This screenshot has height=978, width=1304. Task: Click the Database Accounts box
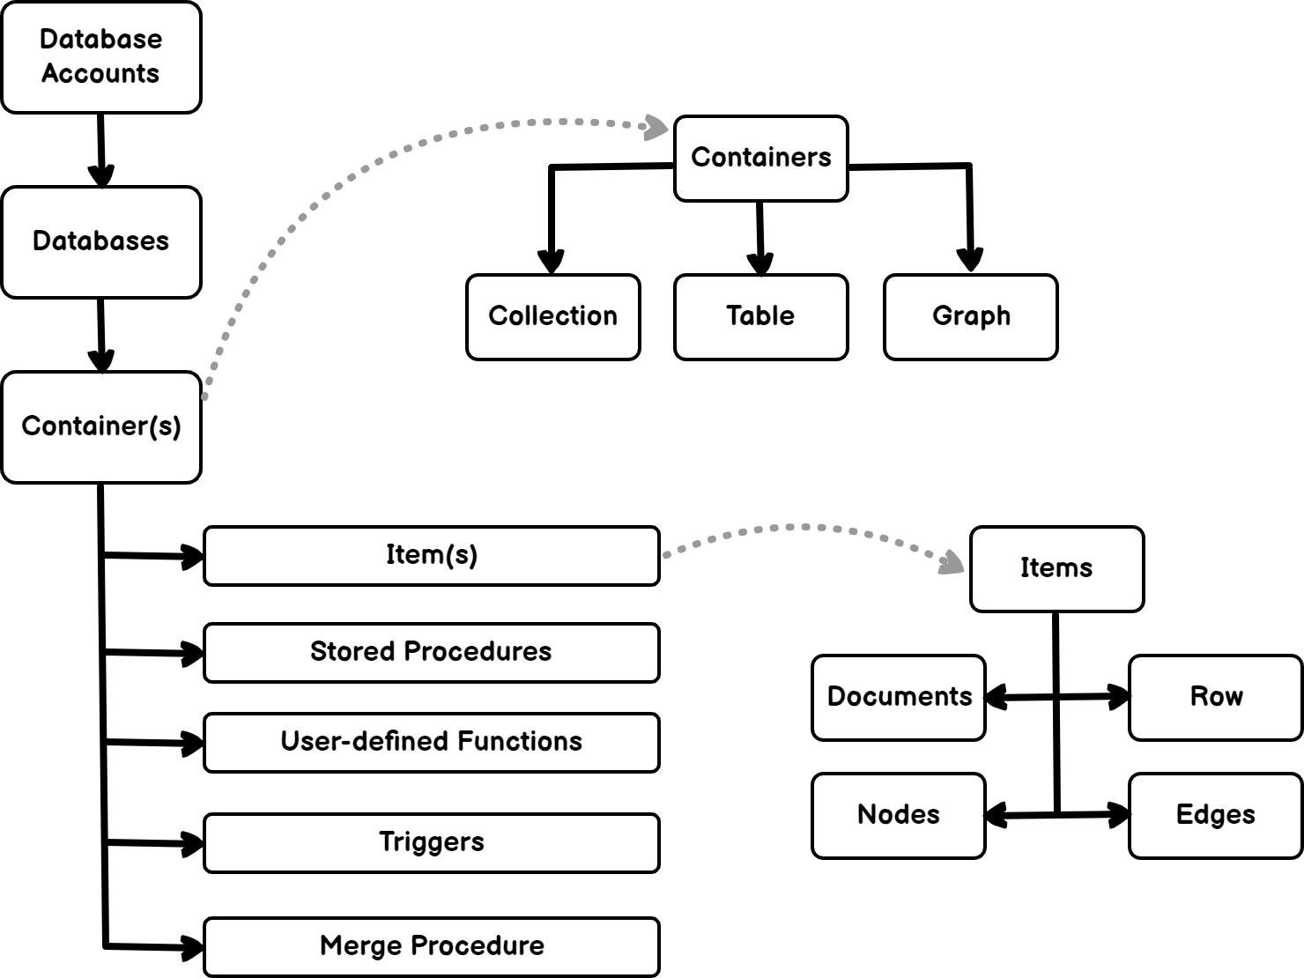[101, 57]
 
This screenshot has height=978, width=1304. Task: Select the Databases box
[101, 242]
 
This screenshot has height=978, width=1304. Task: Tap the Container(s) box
[101, 427]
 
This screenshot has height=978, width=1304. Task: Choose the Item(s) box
[432, 556]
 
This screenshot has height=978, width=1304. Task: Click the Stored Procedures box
[432, 653]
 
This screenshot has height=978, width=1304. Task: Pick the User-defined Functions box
[432, 743]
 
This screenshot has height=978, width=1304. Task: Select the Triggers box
[432, 843]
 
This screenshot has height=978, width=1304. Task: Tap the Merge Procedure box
[432, 947]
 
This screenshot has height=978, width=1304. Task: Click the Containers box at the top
[761, 159]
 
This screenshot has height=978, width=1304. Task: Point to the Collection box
[553, 317]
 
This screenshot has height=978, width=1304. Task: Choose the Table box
[761, 317]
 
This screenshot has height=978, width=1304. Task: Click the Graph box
[971, 317]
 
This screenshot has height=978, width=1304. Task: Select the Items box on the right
[1057, 569]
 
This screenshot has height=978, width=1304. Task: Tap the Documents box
[899, 698]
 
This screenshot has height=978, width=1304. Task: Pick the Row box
[1216, 698]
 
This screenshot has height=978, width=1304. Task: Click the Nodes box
[899, 816]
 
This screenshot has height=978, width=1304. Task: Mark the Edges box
[1216, 816]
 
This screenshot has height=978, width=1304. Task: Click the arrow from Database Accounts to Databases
[101, 150]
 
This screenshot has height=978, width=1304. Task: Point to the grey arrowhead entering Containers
[656, 128]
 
